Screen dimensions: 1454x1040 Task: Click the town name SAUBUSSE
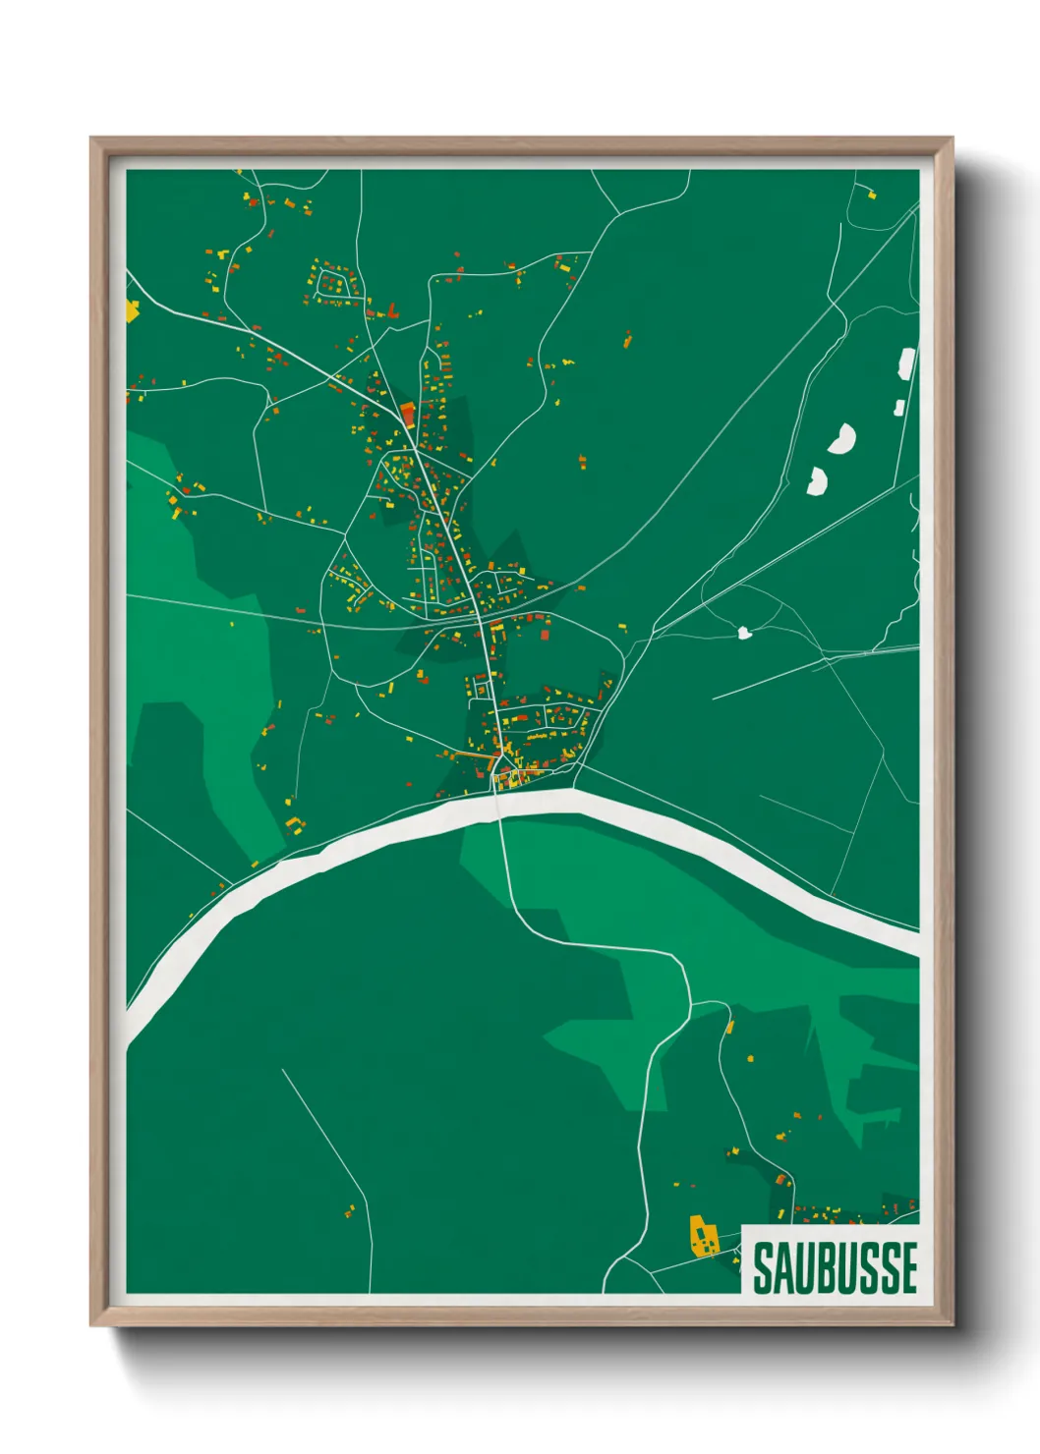click(835, 1267)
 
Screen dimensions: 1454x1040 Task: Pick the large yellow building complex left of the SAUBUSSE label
click(702, 1238)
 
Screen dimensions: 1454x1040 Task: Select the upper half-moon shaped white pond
click(841, 438)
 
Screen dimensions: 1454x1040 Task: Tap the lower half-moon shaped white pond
click(817, 480)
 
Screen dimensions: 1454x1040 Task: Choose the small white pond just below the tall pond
click(898, 407)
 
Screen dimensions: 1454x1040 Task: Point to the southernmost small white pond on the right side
click(745, 633)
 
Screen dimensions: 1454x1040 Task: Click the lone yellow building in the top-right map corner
click(871, 195)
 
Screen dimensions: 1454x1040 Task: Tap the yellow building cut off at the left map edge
click(132, 311)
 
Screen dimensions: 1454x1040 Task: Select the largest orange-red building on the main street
click(408, 412)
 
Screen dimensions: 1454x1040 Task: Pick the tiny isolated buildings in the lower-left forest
click(350, 1211)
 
